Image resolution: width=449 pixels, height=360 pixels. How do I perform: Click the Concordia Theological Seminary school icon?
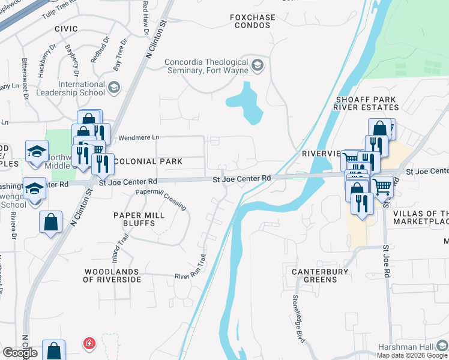[258, 64]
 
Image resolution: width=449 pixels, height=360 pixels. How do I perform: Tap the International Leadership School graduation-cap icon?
[113, 89]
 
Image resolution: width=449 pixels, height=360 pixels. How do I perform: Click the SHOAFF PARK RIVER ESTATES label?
[367, 103]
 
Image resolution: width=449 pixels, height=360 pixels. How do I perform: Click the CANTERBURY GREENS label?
[320, 276]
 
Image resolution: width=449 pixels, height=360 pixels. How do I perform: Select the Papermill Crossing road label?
[161, 199]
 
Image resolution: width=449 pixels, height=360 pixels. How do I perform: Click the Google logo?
[20, 353]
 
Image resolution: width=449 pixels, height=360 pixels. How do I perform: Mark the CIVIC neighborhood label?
[66, 28]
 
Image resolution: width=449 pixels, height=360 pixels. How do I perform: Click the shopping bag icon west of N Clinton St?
[51, 222]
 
